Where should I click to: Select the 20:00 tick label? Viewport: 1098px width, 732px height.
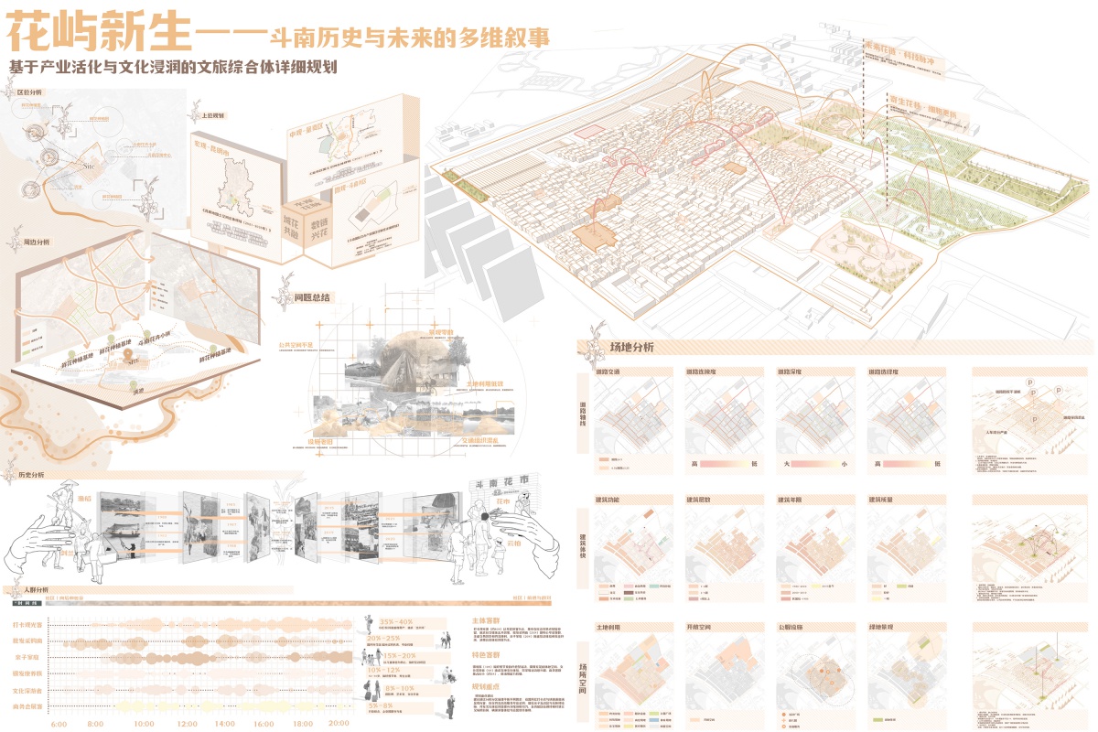[x=338, y=723]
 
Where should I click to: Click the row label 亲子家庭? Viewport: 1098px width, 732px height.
[x=27, y=657]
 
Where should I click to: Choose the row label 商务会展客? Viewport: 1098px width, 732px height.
[x=27, y=706]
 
